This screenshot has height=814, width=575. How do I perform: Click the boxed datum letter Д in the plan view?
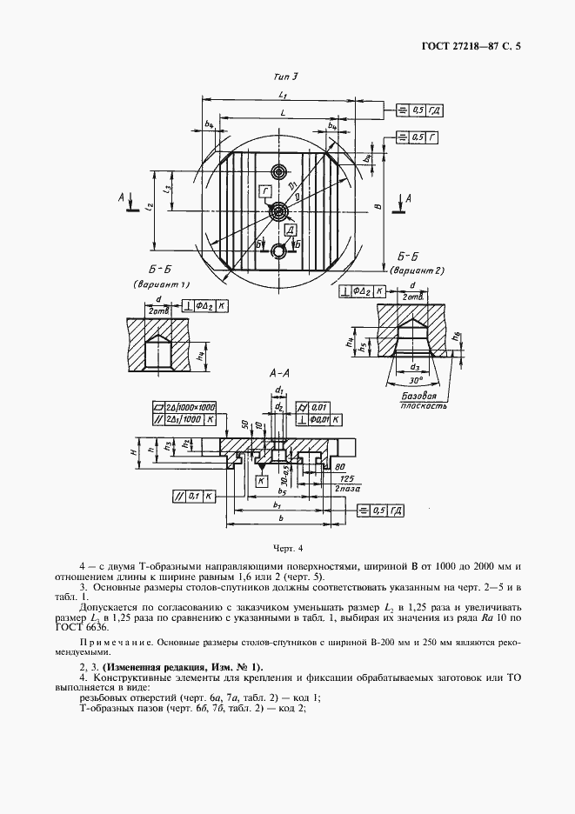click(291, 229)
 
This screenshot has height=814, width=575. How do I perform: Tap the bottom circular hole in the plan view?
click(278, 252)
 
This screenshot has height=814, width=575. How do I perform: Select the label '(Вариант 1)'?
click(163, 284)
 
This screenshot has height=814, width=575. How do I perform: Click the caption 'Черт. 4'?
click(286, 549)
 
